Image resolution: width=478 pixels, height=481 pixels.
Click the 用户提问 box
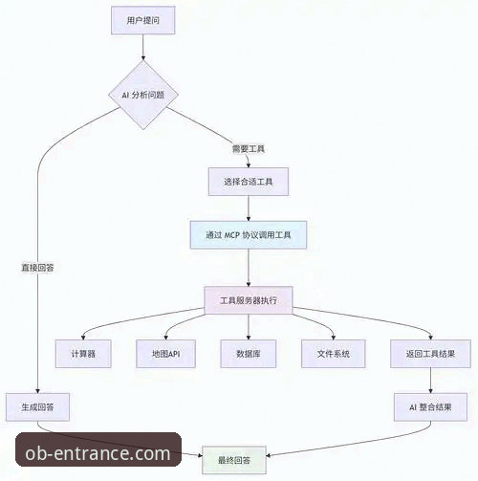pyautogui.click(x=143, y=20)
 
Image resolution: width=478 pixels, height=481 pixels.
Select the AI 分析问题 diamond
pyautogui.click(x=143, y=95)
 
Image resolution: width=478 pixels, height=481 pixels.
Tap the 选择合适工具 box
pyautogui.click(x=249, y=182)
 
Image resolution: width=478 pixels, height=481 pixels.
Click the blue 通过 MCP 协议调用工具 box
pyautogui.click(x=249, y=235)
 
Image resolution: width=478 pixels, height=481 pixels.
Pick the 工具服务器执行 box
pyautogui.click(x=249, y=300)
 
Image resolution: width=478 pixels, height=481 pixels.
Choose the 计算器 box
pyautogui.click(x=83, y=354)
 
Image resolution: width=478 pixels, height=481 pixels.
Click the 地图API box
pyautogui.click(x=165, y=354)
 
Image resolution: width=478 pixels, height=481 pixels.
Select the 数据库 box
pyautogui.click(x=249, y=354)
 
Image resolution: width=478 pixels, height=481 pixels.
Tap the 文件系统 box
pyautogui.click(x=334, y=354)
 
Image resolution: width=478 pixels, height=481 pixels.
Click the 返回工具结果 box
pyautogui.click(x=430, y=354)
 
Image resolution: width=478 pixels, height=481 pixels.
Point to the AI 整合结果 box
pyautogui.click(x=430, y=407)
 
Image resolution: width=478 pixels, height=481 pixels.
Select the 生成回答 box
pyautogui.click(x=37, y=407)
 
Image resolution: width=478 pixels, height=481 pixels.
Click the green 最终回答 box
pyautogui.click(x=234, y=460)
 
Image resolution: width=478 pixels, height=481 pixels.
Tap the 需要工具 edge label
pyautogui.click(x=249, y=149)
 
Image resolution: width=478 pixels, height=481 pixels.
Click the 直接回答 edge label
pyautogui.click(x=37, y=268)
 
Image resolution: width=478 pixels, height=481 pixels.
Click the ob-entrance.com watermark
pyautogui.click(x=98, y=449)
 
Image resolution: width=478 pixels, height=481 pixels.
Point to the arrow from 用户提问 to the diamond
pyautogui.click(x=143, y=47)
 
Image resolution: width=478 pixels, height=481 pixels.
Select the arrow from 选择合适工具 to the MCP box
pyautogui.click(x=249, y=208)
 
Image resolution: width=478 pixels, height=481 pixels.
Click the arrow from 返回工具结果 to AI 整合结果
pyautogui.click(x=430, y=381)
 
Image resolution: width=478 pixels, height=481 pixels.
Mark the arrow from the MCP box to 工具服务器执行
pyautogui.click(x=249, y=268)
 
